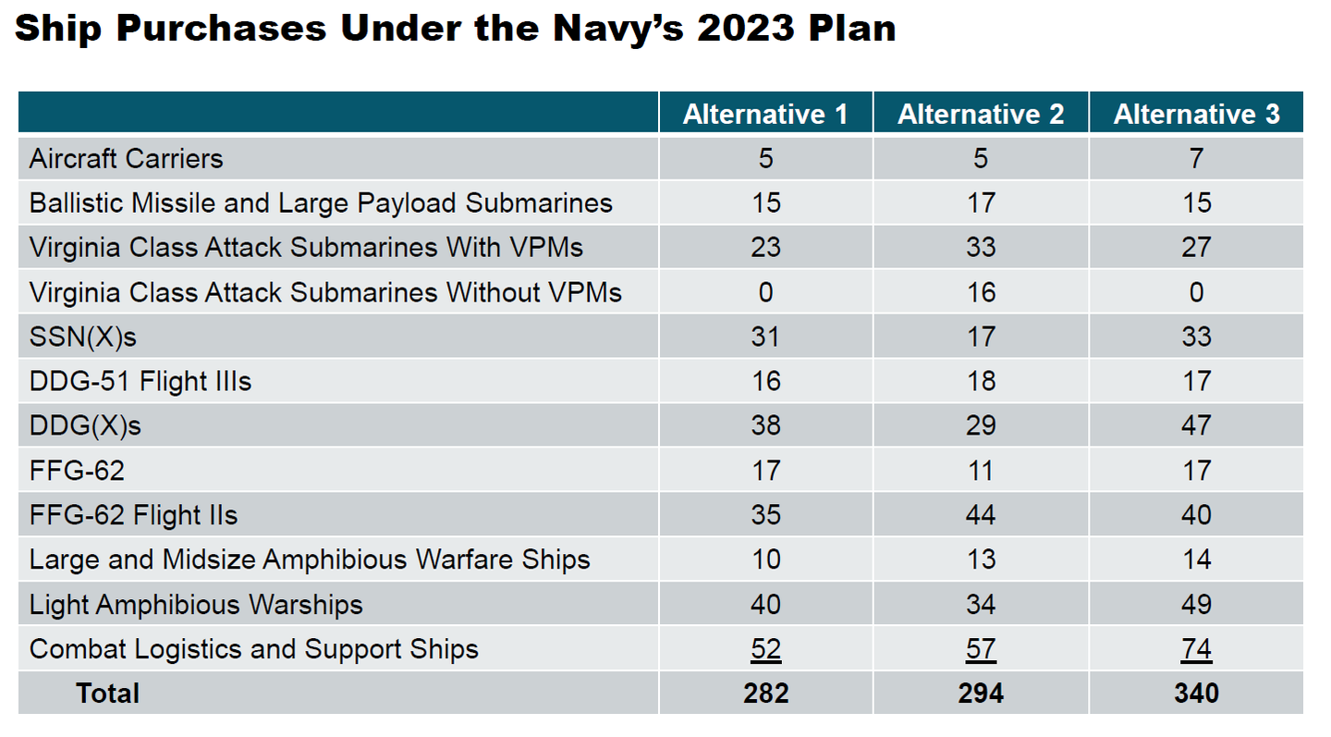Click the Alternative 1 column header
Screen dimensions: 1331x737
765,114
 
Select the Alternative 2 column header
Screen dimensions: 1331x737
981,114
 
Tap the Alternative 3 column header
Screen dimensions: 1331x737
1196,114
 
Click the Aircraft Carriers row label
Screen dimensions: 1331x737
126,159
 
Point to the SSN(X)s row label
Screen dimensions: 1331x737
82,337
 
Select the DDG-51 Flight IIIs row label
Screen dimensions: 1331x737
140,381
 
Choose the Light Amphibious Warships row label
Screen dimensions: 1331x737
196,605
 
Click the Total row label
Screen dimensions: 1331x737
107,693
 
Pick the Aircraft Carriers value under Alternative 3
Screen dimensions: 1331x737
1196,159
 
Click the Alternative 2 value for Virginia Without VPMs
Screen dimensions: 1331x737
981,292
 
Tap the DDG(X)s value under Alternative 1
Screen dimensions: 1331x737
765,425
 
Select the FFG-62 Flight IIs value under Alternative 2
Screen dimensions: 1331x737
981,515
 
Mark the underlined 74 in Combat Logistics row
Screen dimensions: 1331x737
1196,649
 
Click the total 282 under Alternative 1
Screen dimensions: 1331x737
765,693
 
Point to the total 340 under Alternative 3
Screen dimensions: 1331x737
1196,693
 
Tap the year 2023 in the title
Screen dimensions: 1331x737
746,28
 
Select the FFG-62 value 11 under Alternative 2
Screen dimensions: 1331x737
981,471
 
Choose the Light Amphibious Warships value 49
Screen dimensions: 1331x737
1196,605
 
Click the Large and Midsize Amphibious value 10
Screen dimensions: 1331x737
765,559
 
